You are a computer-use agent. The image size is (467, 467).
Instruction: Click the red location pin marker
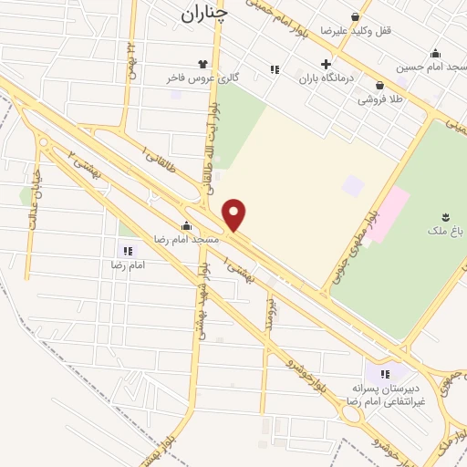tap(235, 214)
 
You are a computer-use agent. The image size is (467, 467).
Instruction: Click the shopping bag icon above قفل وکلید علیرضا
tap(355, 16)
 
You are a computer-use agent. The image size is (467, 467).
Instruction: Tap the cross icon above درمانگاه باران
tap(326, 64)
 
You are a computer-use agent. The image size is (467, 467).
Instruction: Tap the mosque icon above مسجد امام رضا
tap(186, 225)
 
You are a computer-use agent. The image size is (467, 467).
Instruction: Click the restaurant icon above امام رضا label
tap(127, 250)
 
